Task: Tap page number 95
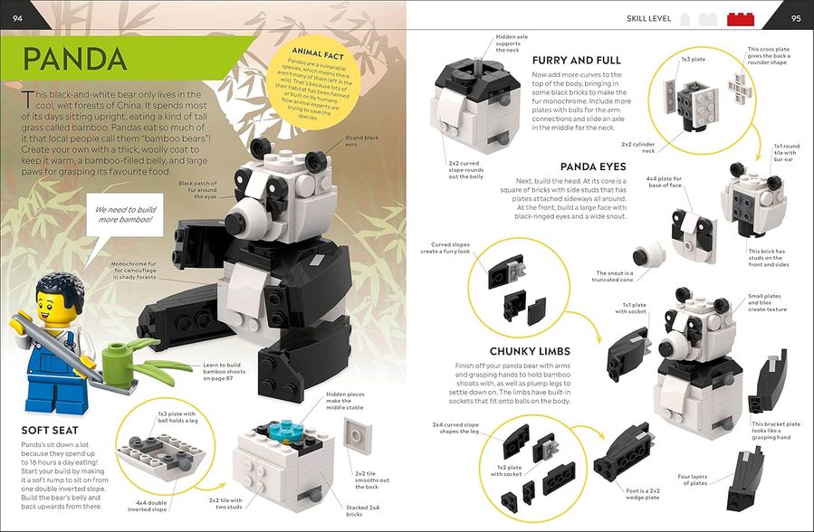[x=796, y=16]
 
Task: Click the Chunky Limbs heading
[x=530, y=350]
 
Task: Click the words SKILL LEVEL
[x=646, y=18]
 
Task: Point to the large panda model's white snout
[x=244, y=216]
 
